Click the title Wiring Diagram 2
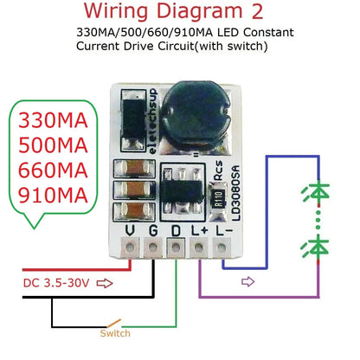pyautogui.click(x=180, y=12)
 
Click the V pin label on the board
pyautogui.click(x=130, y=229)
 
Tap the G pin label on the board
pyautogui.click(x=153, y=229)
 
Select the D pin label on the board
pyautogui.click(x=177, y=229)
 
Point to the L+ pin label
pyautogui.click(x=202, y=229)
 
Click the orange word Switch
pyautogui.click(x=114, y=332)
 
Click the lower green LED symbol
pyautogui.click(x=321, y=248)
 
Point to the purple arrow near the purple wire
pyautogui.click(x=247, y=281)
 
